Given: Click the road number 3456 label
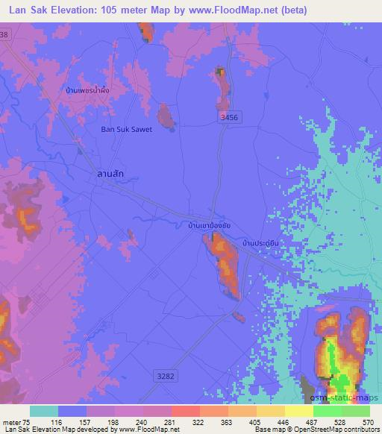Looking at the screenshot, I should click(231, 117).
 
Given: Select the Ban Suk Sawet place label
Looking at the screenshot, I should click(127, 129).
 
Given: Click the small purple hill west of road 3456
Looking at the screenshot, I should click(166, 114).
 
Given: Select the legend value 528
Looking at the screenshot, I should click(339, 423).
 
